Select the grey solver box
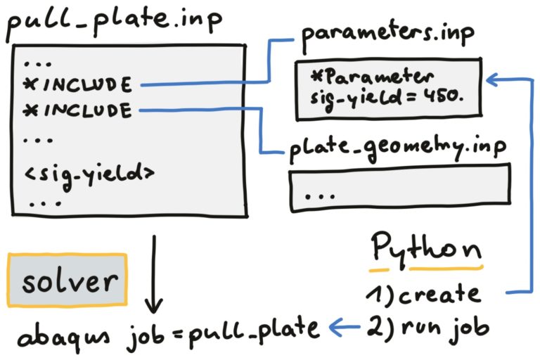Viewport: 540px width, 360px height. pos(67,283)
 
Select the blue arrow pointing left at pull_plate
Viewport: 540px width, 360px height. pos(345,326)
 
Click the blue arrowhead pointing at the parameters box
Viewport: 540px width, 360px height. pos(494,81)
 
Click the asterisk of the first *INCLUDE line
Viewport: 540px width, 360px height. pos(30,86)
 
